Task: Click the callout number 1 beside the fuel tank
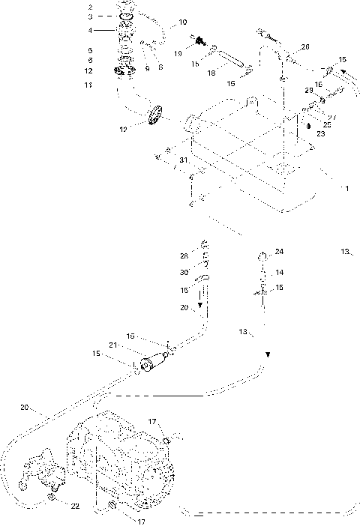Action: coord(345,189)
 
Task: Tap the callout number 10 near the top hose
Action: coord(183,23)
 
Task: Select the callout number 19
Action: coord(178,54)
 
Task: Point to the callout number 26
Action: coord(305,47)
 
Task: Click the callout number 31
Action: coord(182,160)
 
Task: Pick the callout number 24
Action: coord(279,251)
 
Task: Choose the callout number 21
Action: coord(113,345)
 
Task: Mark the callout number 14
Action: coord(279,272)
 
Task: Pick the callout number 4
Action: coord(90,31)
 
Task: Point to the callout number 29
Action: coord(308,90)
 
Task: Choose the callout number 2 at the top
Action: coord(90,7)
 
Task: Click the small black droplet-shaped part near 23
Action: coord(307,126)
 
